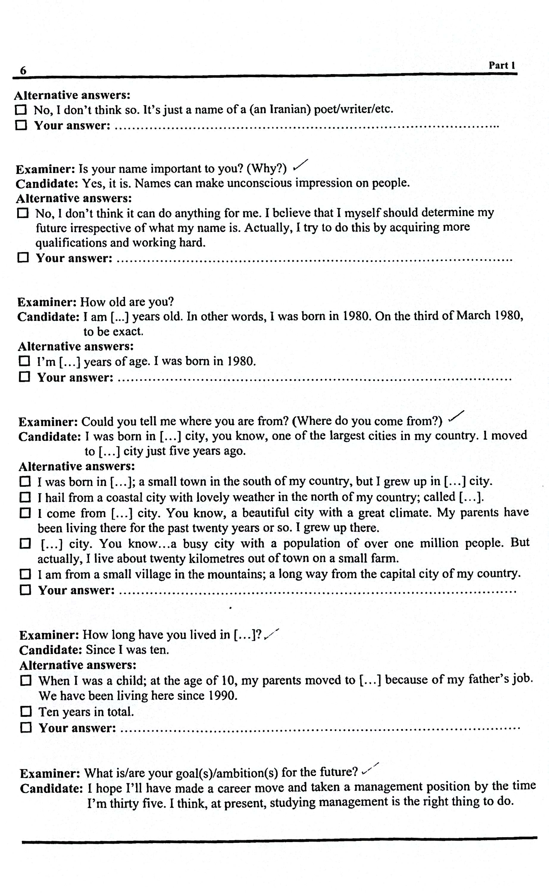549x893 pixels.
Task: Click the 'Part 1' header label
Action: click(x=501, y=65)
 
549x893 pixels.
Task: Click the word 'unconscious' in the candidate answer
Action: click(x=259, y=183)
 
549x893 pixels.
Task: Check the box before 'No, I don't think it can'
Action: click(x=23, y=213)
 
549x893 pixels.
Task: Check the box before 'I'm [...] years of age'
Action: click(x=24, y=361)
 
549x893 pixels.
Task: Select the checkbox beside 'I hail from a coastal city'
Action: click(x=25, y=497)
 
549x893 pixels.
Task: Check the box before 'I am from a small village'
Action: click(x=25, y=574)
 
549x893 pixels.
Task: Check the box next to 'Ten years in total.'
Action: click(x=26, y=711)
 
